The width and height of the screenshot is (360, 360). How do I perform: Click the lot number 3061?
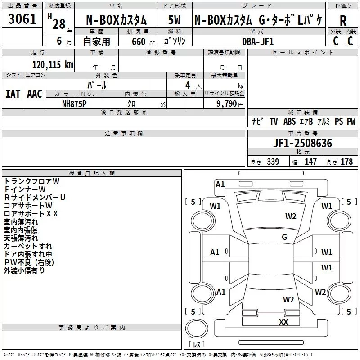click(22, 20)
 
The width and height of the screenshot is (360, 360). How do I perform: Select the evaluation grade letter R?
click(343, 21)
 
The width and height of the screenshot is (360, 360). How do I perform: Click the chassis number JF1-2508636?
click(303, 144)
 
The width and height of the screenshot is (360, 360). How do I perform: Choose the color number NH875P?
click(75, 103)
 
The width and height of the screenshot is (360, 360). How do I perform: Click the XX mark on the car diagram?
click(283, 322)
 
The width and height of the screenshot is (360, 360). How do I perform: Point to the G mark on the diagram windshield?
click(284, 237)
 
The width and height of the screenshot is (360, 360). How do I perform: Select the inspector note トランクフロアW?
click(31, 181)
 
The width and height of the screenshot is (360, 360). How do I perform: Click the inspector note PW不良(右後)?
click(29, 262)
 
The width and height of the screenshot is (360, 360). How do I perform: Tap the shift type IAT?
click(13, 94)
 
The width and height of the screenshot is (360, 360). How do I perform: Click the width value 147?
click(310, 162)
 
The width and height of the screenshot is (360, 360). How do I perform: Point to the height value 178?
click(346, 162)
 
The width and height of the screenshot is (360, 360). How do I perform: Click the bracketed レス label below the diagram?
click(196, 345)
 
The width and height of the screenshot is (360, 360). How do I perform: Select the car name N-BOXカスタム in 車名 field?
click(117, 20)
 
